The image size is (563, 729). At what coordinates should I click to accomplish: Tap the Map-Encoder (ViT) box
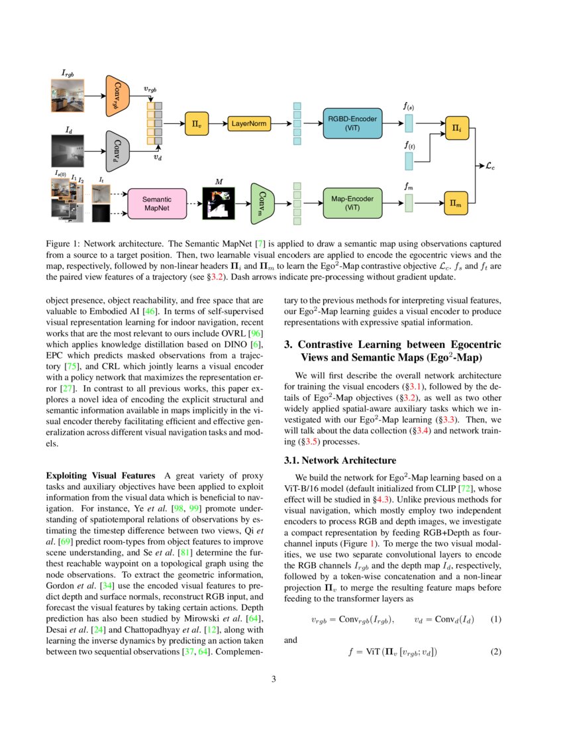(x=352, y=203)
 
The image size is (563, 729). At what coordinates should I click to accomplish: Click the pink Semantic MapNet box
(x=156, y=203)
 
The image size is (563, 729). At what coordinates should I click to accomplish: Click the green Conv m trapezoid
(x=262, y=202)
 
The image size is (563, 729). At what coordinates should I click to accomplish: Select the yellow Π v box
(x=196, y=123)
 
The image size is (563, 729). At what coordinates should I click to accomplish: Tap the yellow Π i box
(x=457, y=127)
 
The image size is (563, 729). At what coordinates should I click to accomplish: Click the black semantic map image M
(x=219, y=202)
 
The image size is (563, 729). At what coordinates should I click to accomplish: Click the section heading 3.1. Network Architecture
(x=340, y=460)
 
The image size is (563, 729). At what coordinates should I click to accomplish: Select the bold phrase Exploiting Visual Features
(x=99, y=476)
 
